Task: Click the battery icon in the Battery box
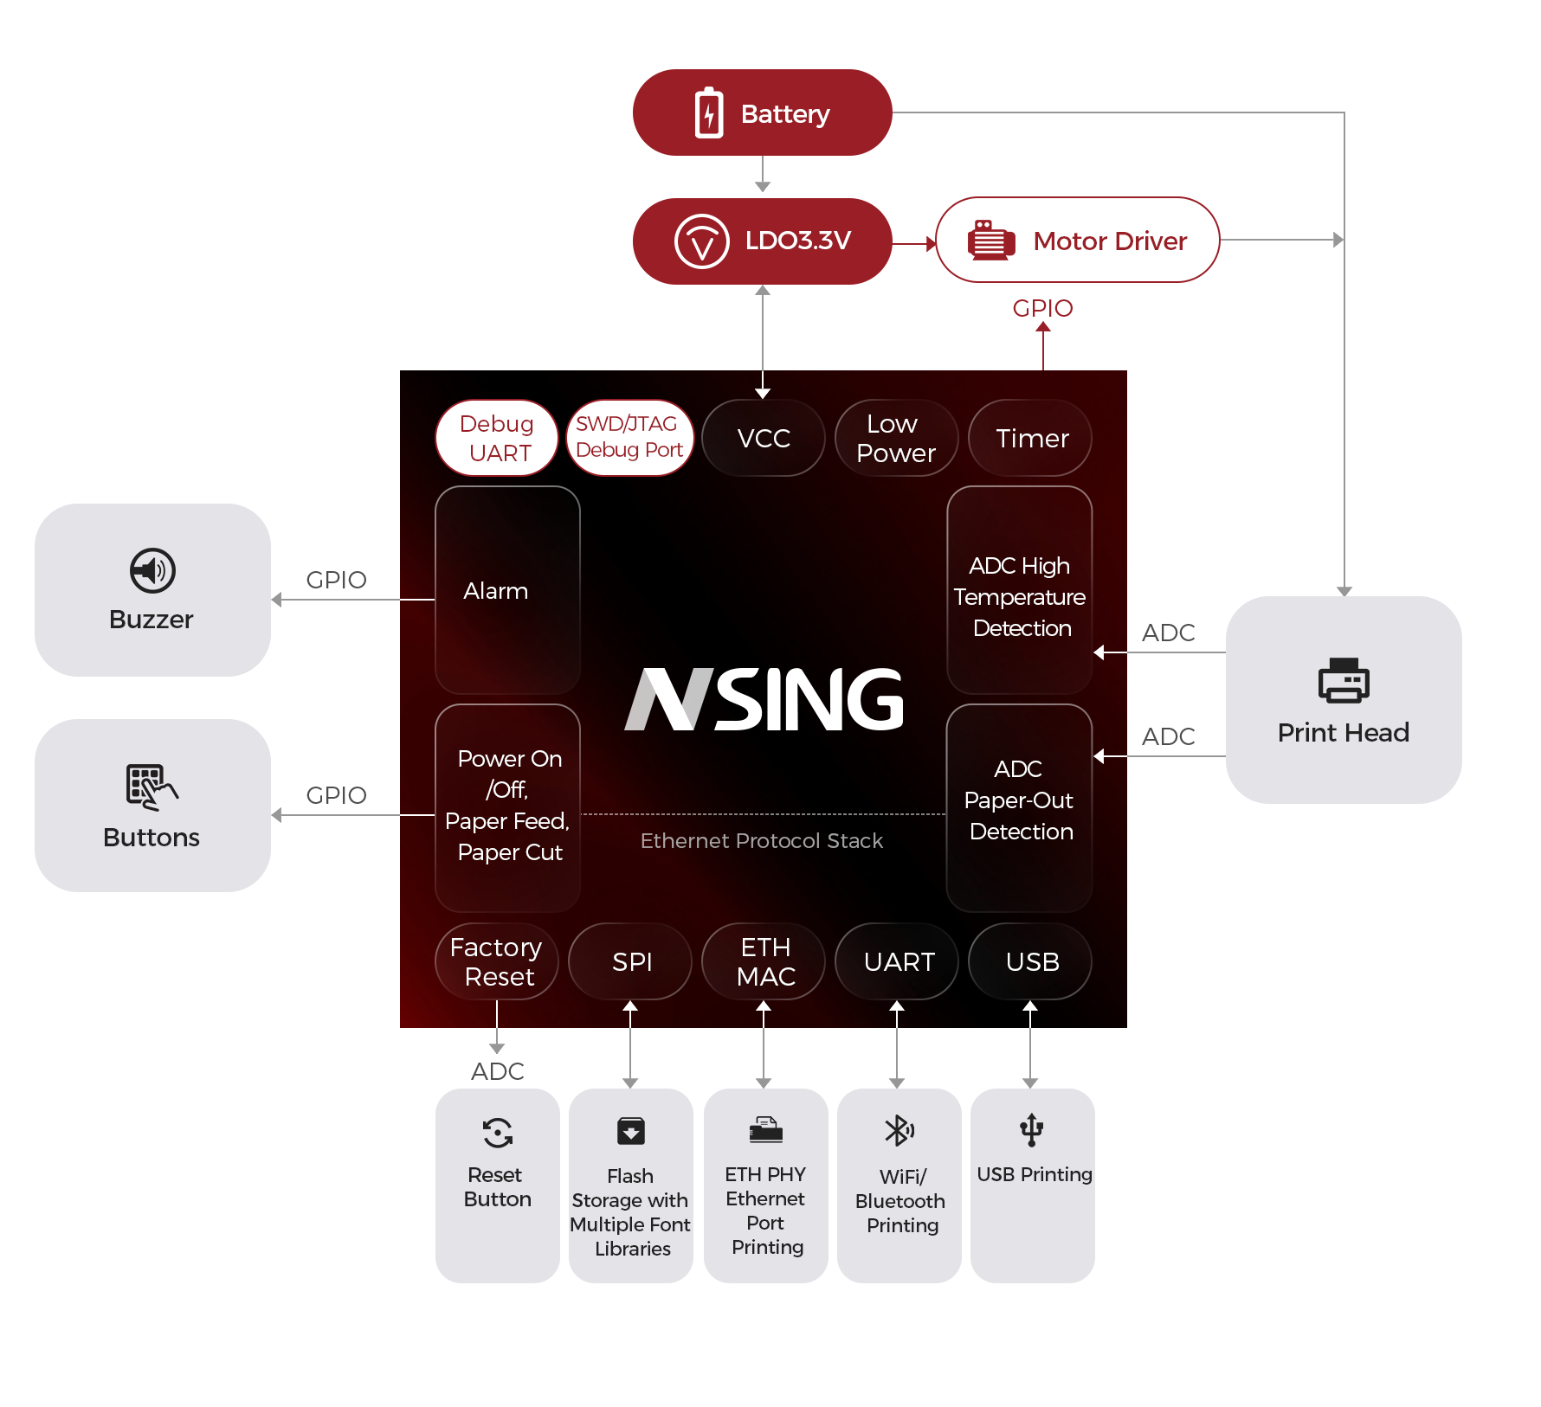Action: (x=709, y=112)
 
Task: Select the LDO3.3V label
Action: (x=797, y=241)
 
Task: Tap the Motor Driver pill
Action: (x=1077, y=241)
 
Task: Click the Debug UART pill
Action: (x=496, y=438)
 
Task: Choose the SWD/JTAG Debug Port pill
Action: (x=629, y=437)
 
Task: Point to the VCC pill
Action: (x=764, y=438)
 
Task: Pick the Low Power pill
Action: (x=896, y=438)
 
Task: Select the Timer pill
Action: (x=1030, y=438)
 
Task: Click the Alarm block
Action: (x=507, y=590)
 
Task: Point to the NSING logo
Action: (x=764, y=699)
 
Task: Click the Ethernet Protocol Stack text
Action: (x=762, y=841)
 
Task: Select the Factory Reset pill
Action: (x=496, y=961)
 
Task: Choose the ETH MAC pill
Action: (x=764, y=961)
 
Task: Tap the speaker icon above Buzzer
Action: (x=152, y=570)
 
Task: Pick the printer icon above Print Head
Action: (x=1344, y=681)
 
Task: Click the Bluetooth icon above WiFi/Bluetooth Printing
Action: (x=899, y=1130)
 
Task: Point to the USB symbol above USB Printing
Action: (x=1031, y=1130)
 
